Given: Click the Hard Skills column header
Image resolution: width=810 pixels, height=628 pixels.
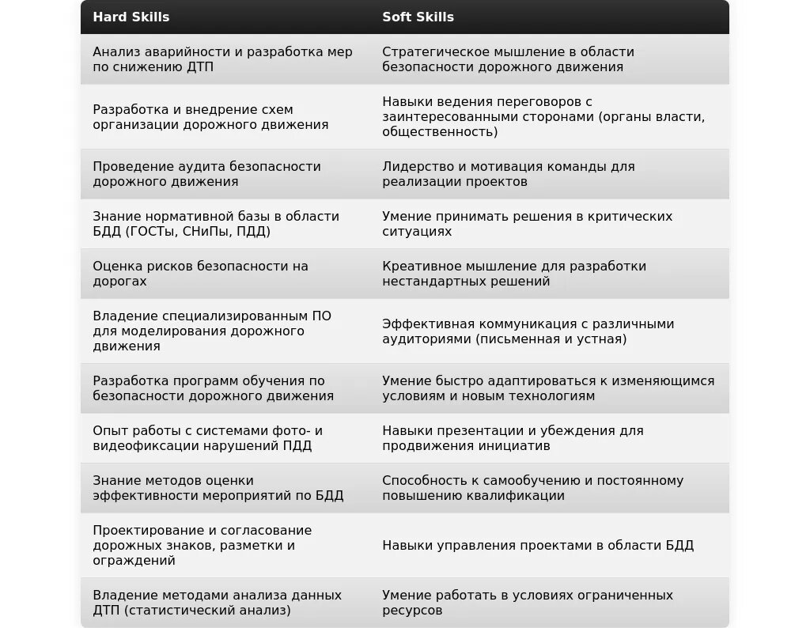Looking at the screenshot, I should [131, 17].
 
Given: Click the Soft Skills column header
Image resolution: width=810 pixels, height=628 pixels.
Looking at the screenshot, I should [418, 17].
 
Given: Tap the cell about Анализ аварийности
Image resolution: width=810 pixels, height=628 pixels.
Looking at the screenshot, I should [222, 59].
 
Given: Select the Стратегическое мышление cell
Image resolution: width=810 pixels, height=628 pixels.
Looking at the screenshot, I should [508, 59].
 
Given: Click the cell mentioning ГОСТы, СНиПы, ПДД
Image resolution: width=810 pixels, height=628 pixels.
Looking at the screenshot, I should [216, 224].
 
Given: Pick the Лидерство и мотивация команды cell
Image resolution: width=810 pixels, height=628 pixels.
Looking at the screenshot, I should [508, 174].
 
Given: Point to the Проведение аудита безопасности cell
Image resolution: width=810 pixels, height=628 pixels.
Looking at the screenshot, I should [206, 174].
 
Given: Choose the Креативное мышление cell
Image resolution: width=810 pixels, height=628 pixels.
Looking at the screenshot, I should [514, 274].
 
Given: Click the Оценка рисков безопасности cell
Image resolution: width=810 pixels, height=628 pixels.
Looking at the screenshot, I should [200, 274].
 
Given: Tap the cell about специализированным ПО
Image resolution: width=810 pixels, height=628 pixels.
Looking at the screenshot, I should [212, 331].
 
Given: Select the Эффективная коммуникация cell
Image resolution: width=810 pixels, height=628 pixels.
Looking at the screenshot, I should [528, 331].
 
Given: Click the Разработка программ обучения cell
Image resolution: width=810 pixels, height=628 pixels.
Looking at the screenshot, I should [213, 388].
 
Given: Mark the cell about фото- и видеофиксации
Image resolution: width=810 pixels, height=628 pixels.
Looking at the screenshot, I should [207, 438].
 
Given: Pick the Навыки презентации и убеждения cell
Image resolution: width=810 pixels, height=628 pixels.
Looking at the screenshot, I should [513, 438].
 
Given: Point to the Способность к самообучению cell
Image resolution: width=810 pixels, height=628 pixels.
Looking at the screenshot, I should [532, 488].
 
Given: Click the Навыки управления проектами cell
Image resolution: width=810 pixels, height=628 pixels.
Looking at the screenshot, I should [538, 545].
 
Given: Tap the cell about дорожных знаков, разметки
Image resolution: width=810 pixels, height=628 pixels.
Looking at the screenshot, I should [202, 545].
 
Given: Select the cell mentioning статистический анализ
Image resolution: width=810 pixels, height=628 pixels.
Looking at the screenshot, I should [217, 603].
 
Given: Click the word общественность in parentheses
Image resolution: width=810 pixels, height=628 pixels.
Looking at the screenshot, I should [440, 132].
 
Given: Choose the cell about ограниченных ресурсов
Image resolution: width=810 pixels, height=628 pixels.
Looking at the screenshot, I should [528, 603].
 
